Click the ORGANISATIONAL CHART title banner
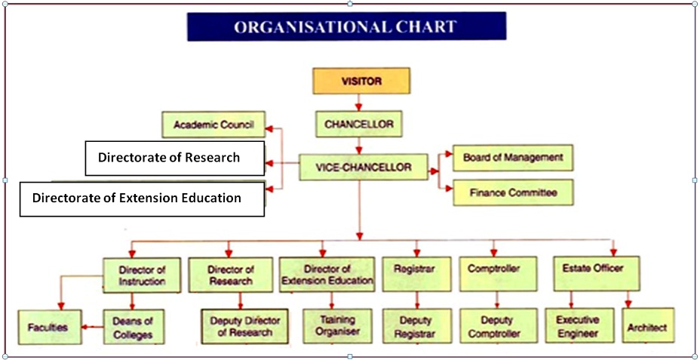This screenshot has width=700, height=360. click(x=346, y=26)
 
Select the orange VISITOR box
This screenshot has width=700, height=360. click(x=361, y=81)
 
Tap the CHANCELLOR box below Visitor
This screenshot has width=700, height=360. click(x=359, y=125)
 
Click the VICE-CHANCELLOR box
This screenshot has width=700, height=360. click(x=363, y=168)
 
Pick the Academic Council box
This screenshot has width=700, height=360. click(x=213, y=125)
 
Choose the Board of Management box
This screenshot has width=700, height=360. click(x=513, y=158)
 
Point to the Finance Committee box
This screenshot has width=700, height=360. click(x=513, y=192)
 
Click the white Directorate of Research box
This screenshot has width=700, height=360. click(x=175, y=158)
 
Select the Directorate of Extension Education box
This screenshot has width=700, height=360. click(x=142, y=198)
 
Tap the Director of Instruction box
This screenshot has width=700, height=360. click(x=142, y=275)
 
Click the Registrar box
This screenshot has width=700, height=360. click(x=417, y=274)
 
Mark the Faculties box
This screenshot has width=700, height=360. click(x=50, y=328)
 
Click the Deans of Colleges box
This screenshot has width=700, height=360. click(x=134, y=327)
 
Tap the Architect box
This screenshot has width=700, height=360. click(x=648, y=325)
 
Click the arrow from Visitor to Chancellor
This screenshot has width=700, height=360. click(x=358, y=103)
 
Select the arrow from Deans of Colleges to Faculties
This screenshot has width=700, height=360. click(x=93, y=328)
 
